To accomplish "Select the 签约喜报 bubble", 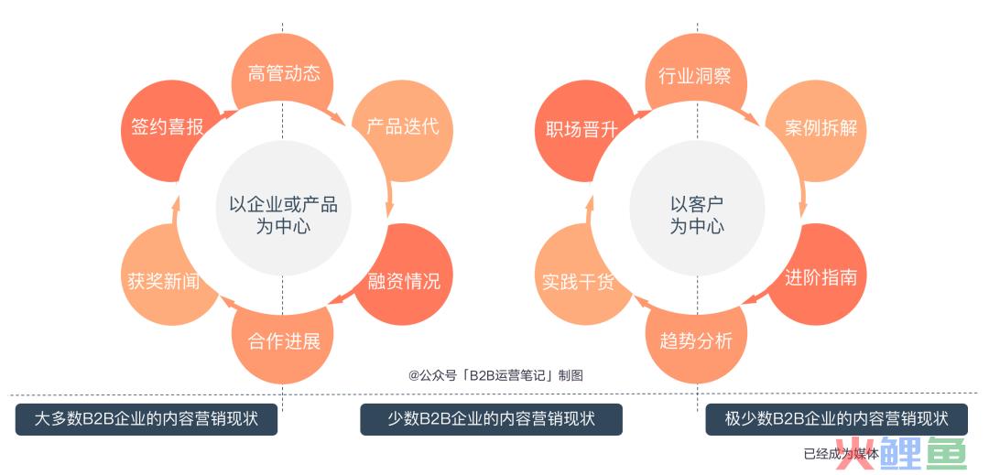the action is click(x=165, y=130).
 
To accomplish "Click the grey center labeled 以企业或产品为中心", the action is click(x=283, y=208).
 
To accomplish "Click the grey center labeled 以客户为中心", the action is click(x=697, y=208).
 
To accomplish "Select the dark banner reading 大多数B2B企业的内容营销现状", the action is click(x=147, y=419).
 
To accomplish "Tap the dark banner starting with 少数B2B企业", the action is click(x=492, y=419).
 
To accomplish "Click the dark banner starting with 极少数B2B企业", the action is click(x=836, y=419).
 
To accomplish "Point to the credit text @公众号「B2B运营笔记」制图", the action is click(x=495, y=376).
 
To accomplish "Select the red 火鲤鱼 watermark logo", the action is click(x=901, y=453).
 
